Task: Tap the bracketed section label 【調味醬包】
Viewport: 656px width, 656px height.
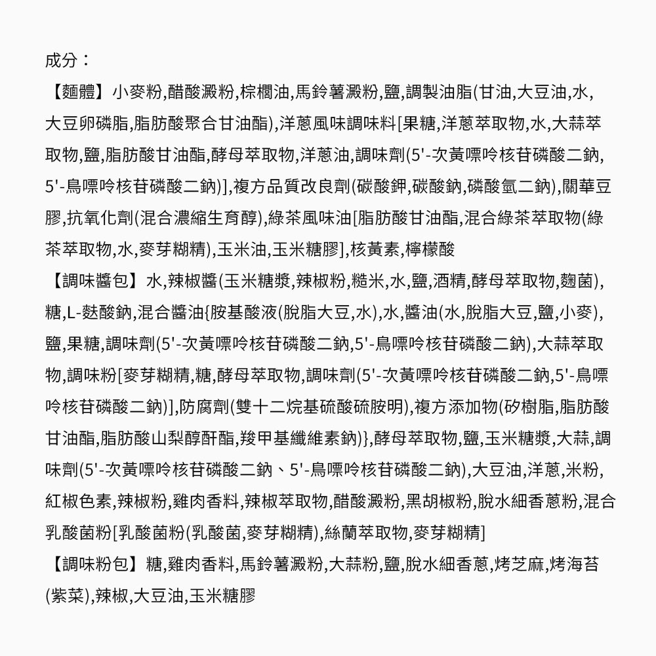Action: pyautogui.click(x=94, y=281)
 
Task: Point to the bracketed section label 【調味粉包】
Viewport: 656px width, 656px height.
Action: pyautogui.click(x=94, y=564)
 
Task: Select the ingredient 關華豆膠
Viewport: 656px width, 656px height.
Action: pyautogui.click(x=590, y=187)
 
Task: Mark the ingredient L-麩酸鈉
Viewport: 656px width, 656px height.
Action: pyautogui.click(x=99, y=313)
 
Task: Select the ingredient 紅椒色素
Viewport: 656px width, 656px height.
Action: pyautogui.click(x=79, y=502)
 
